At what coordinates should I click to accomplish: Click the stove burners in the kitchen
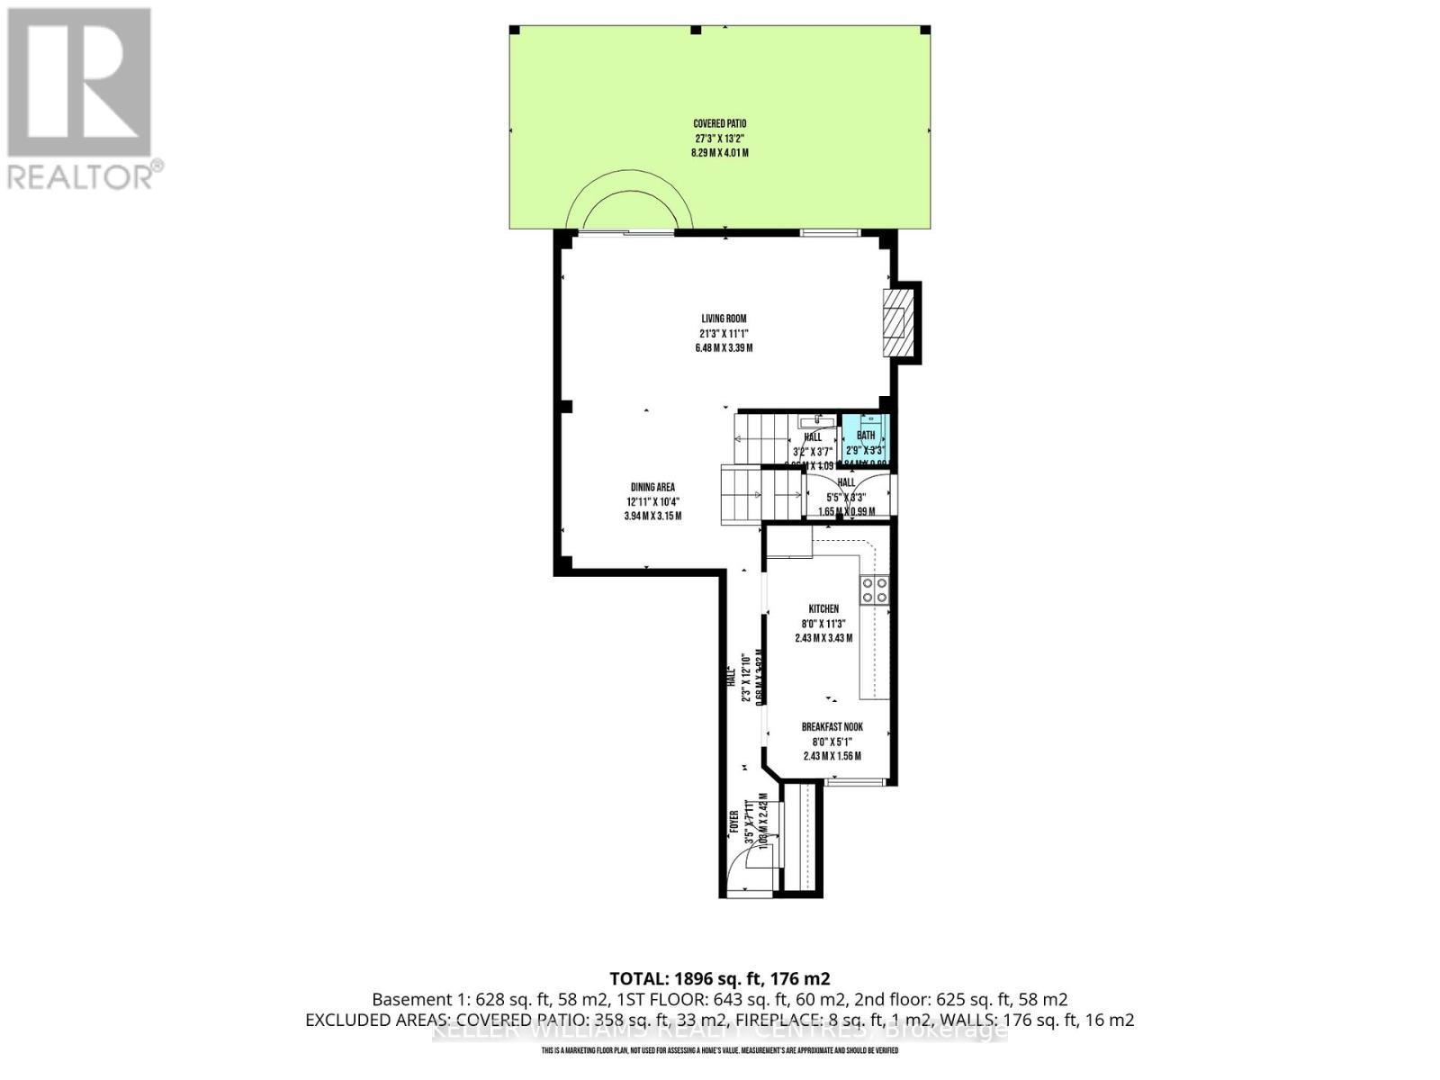tap(874, 590)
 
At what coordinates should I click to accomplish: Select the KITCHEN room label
tap(823, 609)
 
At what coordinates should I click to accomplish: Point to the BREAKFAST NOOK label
tap(832, 727)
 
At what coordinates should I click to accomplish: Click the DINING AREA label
tap(652, 487)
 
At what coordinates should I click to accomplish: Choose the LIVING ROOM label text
tap(724, 319)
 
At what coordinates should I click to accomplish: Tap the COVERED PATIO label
tap(719, 124)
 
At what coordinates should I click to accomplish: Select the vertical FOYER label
tap(734, 822)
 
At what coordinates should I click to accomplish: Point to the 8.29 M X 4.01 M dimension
tap(719, 153)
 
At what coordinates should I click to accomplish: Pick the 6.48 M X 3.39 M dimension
tap(724, 347)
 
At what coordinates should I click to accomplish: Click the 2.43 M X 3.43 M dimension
tap(823, 638)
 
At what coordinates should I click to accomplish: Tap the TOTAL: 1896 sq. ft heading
tap(719, 978)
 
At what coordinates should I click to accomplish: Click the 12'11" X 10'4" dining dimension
tap(652, 501)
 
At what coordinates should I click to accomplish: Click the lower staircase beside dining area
tap(761, 494)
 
